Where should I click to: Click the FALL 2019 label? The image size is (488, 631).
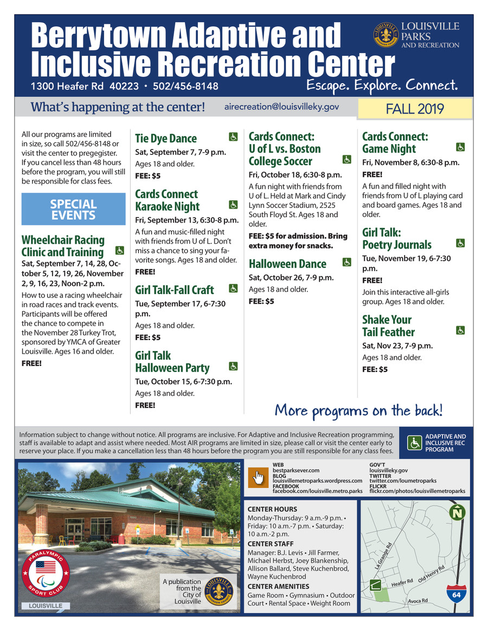coord(414,109)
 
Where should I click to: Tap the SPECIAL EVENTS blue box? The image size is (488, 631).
coord(73,210)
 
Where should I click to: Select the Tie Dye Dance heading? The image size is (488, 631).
coord(166,139)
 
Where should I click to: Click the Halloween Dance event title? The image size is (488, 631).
coord(287,264)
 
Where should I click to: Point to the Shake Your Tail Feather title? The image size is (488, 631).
coord(388,326)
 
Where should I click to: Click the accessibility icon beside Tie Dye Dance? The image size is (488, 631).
coord(233,138)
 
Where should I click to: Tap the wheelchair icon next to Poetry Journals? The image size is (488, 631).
coord(460,243)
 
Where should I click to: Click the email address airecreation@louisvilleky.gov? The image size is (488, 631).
coord(281,107)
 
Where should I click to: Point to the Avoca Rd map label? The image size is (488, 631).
coord(418,601)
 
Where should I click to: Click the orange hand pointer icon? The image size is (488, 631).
coord(258,477)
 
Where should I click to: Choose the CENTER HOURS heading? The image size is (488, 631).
coord(272,509)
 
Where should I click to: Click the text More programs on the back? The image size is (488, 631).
coord(358,409)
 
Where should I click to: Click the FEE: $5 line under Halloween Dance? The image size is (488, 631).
coord(261,301)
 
